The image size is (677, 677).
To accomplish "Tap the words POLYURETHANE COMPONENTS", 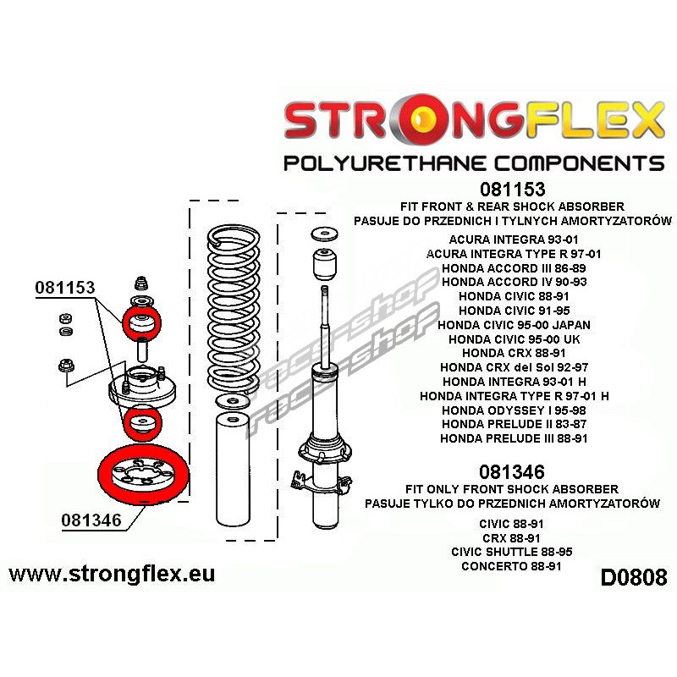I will (473, 162).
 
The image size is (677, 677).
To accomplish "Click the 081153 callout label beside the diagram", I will (64, 287).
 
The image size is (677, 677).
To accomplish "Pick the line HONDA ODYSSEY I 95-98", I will (515, 410).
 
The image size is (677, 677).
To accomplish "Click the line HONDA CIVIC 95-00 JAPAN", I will (515, 324).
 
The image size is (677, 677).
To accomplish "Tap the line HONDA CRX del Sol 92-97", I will (515, 366).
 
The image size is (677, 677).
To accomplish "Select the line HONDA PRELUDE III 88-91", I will (515, 438).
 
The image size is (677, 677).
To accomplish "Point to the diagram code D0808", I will (633, 578).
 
